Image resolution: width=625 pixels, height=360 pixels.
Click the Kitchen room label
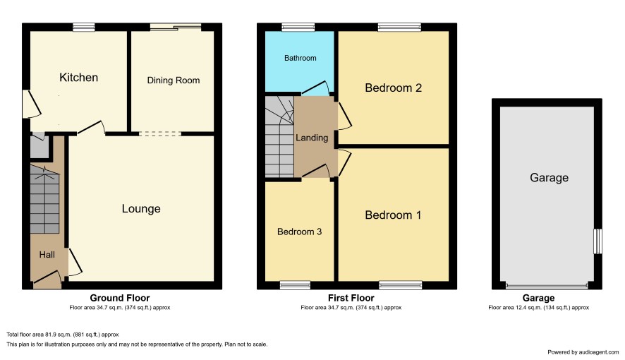pos(78,78)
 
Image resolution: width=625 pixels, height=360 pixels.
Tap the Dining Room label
pos(174,80)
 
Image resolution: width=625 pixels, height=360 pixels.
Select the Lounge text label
pos(141,208)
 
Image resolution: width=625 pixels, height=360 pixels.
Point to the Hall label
pos(47,255)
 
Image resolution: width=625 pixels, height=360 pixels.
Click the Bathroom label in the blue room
pos(300,58)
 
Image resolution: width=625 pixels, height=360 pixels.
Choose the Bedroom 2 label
pos(393,88)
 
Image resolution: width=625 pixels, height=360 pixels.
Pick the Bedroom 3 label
pos(299,232)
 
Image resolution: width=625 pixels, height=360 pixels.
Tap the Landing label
pos(312,138)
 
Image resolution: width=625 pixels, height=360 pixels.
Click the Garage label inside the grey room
pos(549,178)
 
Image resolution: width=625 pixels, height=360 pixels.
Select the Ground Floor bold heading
pos(120,298)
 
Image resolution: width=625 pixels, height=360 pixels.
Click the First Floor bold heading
pos(351,298)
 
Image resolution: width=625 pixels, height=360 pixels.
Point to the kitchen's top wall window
pos(84,27)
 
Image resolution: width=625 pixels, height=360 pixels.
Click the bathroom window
pos(298,27)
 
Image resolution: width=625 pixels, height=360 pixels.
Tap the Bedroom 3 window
pos(295,285)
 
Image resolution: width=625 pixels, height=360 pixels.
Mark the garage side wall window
pos(597,241)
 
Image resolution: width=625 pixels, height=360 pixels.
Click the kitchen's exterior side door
pos(32,104)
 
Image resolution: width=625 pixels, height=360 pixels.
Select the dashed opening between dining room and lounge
pos(160,134)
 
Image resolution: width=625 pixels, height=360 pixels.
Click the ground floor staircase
pos(44,199)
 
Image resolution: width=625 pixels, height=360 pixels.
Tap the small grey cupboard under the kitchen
pos(40,147)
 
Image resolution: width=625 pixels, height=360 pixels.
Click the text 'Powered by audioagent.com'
pos(583,352)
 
